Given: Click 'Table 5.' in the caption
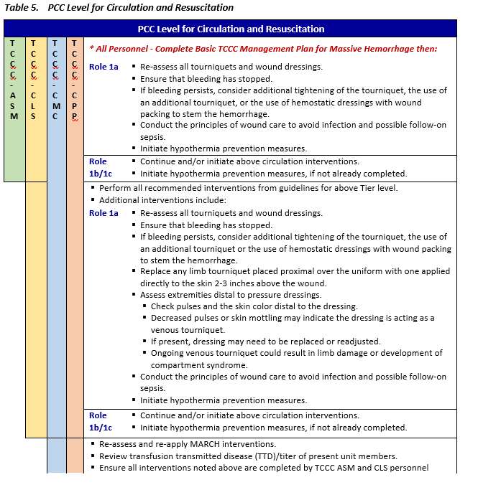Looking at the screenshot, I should (22, 8).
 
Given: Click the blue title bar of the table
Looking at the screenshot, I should (231, 29).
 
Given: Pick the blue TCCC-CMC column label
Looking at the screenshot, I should (55, 79).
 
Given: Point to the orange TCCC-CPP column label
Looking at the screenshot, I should (75, 79).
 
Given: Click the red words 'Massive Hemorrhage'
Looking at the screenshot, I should (376, 49).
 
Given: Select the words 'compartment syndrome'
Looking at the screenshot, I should (199, 364).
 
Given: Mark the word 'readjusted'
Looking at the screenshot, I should (357, 341).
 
